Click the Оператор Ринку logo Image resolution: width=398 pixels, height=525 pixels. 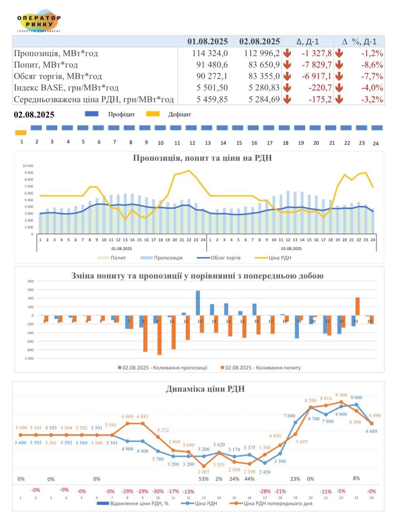[39, 22]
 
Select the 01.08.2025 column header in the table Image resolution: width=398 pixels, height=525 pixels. [208, 41]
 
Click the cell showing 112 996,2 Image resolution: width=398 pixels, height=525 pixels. [260, 53]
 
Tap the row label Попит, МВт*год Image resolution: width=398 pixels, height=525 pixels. [46, 65]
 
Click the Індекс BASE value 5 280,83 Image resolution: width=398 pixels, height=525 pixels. [264, 88]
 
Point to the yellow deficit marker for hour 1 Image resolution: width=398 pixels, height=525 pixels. [21, 132]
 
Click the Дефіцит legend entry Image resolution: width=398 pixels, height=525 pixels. [179, 114]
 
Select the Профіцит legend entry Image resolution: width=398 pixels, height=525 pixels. [121, 114]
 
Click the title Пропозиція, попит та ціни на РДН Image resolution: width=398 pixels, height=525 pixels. [202, 158]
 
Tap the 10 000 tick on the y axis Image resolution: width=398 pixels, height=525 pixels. [28, 166]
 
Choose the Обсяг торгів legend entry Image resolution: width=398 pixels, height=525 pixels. [225, 258]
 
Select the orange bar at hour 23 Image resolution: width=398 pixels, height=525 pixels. [357, 306]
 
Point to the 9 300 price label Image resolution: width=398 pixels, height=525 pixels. [341, 395]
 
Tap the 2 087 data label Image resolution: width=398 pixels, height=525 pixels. [204, 472]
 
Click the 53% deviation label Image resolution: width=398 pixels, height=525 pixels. [204, 479]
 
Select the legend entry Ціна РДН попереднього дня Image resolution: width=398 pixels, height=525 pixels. [278, 503]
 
